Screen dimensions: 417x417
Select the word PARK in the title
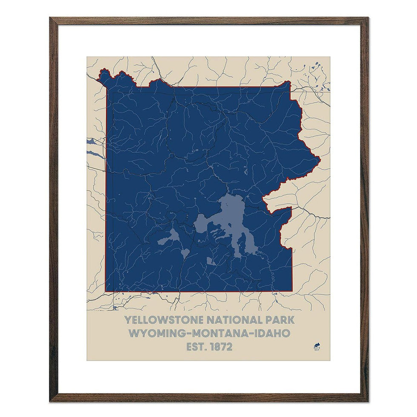pos(279,319)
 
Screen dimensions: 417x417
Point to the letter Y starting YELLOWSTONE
pos(126,319)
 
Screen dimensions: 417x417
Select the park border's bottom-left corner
pos(106,291)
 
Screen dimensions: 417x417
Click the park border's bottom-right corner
pos(292,291)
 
